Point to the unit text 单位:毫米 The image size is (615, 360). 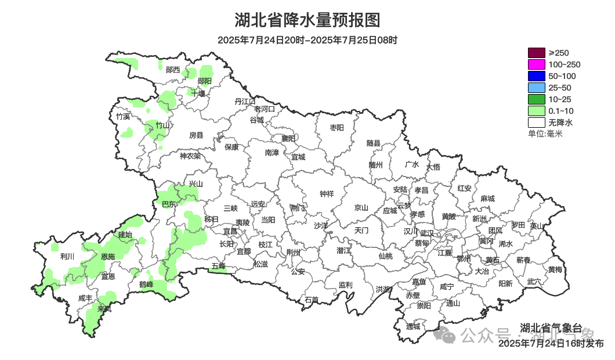tap(545, 134)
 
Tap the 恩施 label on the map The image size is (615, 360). tap(108, 256)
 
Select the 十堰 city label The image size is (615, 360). tap(198, 93)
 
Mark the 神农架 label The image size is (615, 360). tap(190, 156)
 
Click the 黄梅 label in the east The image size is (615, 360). tap(555, 269)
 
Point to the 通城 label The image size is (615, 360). tap(413, 326)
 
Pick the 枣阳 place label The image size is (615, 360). tap(337, 127)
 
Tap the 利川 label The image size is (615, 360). tap(67, 256)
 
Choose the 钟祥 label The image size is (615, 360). tap(327, 194)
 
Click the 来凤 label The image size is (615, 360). tap(105, 309)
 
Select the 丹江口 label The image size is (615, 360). tap(245, 102)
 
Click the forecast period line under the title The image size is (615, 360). tap(307, 40)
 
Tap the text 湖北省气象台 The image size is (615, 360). tap(551, 326)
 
